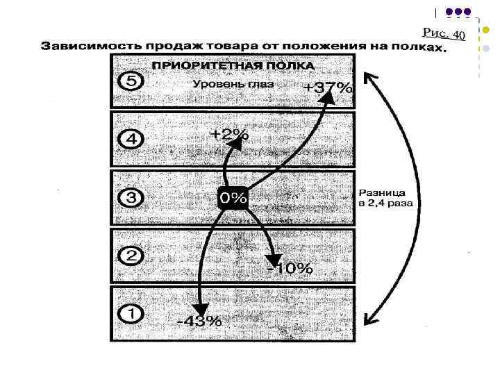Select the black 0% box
click(233, 198)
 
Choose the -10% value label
click(290, 268)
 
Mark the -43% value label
click(199, 321)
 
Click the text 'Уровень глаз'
click(233, 84)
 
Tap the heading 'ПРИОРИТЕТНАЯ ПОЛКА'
click(233, 66)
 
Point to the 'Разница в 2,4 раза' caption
click(385, 198)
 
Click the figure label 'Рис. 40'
click(443, 33)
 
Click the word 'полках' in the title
click(415, 48)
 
